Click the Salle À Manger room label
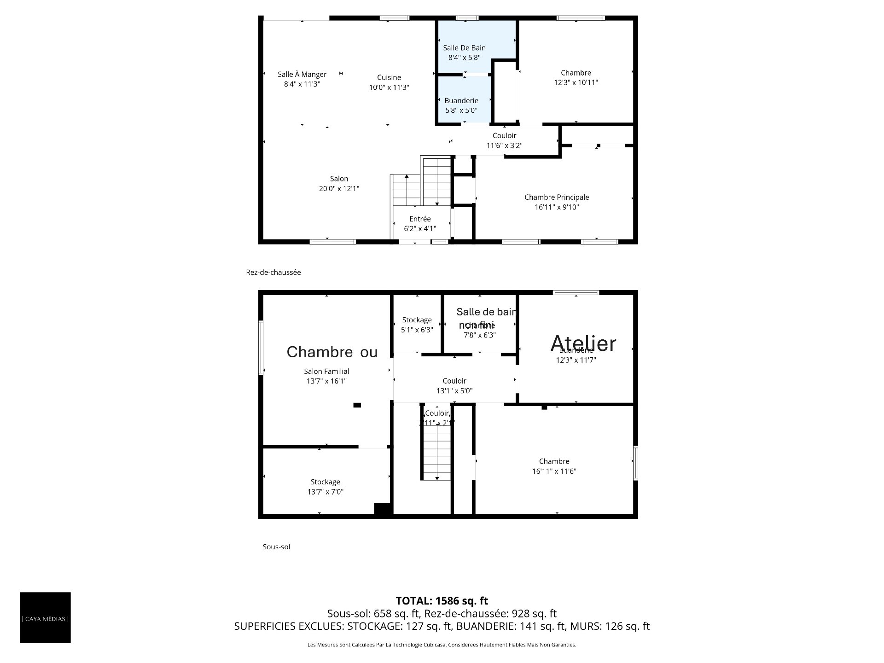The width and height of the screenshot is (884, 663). point(302,75)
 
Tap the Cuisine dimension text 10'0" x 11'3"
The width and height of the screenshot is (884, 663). point(389,87)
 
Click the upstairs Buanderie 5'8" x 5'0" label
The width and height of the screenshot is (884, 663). point(461,105)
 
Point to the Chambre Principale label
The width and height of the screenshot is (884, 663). point(557,198)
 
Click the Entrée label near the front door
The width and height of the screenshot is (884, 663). point(420,219)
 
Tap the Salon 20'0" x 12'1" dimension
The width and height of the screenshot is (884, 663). point(339,189)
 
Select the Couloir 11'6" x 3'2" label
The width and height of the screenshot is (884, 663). point(504,140)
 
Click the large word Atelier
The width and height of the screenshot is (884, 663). point(583,343)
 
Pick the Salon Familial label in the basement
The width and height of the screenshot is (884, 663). point(326,372)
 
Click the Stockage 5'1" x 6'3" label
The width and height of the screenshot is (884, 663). point(417,325)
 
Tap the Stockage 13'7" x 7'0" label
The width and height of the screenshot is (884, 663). point(325,487)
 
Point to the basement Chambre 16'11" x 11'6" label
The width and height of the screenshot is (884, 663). point(554,466)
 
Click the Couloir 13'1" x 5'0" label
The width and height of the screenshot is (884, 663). point(454,386)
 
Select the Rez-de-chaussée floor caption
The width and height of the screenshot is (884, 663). point(273,273)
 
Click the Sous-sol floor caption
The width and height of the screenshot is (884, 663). point(276,547)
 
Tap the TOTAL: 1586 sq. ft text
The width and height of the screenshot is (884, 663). point(442,601)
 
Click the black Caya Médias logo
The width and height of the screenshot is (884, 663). point(45,618)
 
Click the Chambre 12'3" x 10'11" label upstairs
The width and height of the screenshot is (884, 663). point(576,78)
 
